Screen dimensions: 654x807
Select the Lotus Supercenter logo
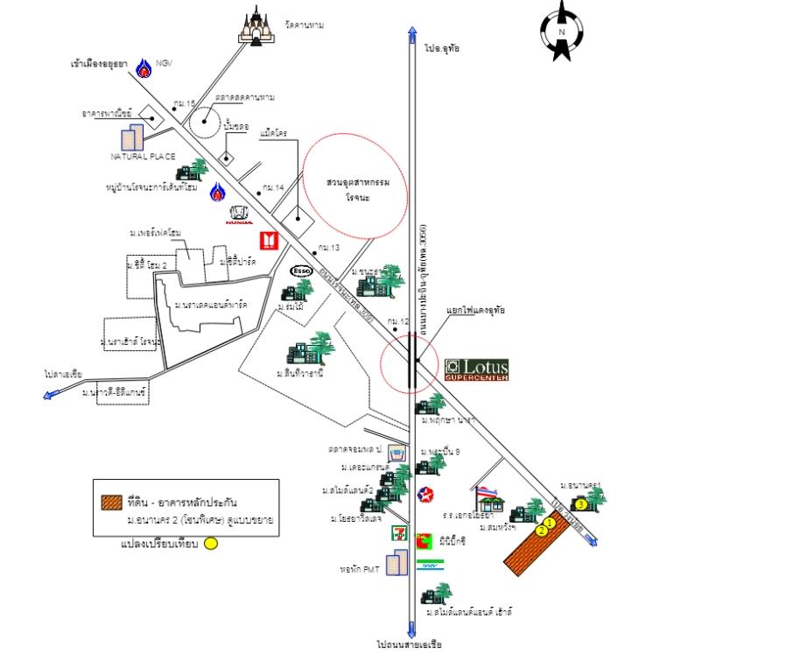[475, 369]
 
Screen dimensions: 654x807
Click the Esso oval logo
[301, 271]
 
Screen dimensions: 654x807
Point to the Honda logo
[239, 215]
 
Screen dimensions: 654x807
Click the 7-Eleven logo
[399, 531]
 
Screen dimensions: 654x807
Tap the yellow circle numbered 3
[580, 504]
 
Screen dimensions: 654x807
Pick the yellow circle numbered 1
[550, 523]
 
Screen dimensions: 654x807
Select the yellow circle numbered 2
[542, 531]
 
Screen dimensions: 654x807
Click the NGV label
[165, 64]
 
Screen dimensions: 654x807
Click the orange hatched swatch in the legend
[111, 503]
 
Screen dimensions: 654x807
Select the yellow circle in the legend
[210, 544]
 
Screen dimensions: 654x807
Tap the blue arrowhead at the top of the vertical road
[411, 34]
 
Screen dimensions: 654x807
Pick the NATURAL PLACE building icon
[132, 137]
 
